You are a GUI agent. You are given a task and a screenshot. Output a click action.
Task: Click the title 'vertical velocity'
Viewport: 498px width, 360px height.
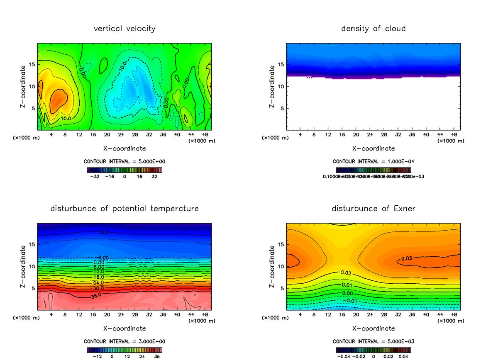(124, 29)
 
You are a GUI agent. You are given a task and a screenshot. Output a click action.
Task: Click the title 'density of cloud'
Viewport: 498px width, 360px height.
(373, 29)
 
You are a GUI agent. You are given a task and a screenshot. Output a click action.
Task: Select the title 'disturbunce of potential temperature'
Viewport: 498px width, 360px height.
(124, 208)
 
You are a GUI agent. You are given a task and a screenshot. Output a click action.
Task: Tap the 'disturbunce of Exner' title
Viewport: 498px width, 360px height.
(373, 208)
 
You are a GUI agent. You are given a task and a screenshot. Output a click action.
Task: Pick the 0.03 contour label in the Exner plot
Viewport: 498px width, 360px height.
(406, 259)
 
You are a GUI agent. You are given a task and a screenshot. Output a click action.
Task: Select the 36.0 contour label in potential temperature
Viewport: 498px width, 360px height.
(95, 297)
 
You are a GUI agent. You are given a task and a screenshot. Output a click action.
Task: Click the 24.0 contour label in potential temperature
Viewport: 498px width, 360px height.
(99, 282)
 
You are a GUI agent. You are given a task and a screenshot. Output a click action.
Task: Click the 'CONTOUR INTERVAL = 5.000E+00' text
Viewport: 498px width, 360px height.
(124, 161)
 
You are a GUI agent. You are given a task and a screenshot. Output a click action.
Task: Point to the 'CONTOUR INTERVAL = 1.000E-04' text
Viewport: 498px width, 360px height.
(373, 161)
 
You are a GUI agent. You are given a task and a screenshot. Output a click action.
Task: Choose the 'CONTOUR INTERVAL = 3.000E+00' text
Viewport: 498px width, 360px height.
(124, 341)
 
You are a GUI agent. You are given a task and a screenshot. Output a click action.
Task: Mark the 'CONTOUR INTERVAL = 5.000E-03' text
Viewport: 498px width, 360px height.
(373, 341)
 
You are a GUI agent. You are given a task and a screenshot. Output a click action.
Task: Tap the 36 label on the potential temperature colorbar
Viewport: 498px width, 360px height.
(157, 356)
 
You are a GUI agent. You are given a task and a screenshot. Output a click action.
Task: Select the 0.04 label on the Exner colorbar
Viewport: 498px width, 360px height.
(403, 356)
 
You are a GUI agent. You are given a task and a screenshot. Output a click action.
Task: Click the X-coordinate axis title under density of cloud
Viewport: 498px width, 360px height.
(373, 148)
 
